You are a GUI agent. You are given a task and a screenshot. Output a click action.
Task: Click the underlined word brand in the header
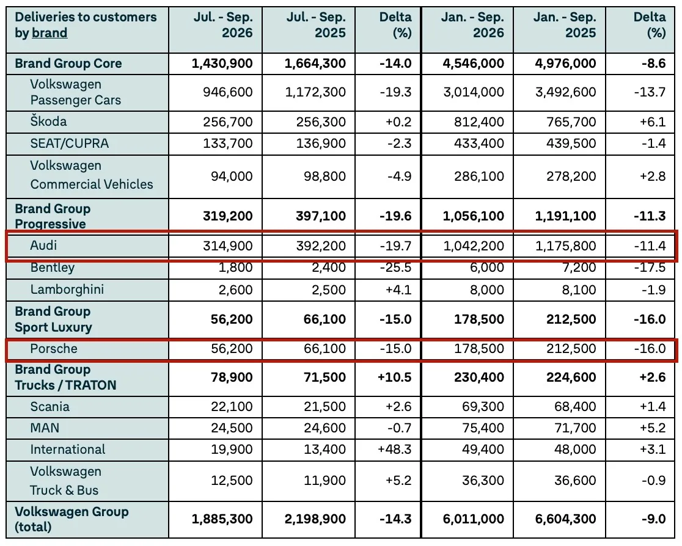tap(50, 33)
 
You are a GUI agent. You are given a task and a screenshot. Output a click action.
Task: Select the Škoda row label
tap(48, 122)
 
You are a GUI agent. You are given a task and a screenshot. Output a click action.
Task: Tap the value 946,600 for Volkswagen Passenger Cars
tap(227, 92)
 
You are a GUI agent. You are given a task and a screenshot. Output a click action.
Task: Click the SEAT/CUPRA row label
tap(69, 144)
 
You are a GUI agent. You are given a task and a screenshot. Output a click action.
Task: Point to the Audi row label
tap(43, 246)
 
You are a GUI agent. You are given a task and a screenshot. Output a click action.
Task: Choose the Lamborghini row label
tap(67, 289)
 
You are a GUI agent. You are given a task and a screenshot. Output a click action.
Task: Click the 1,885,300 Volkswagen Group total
tap(222, 519)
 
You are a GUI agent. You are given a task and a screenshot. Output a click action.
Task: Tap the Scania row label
tap(50, 407)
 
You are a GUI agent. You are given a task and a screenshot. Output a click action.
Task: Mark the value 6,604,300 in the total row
tap(565, 519)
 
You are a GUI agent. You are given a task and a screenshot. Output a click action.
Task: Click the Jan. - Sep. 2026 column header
tap(472, 25)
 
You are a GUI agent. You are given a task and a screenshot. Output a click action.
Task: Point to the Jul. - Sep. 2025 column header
tap(316, 25)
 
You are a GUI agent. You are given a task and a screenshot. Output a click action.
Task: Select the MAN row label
tap(45, 428)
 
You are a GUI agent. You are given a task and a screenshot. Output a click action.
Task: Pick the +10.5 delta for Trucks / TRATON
tap(395, 377)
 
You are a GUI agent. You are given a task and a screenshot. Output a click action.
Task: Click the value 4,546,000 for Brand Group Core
tap(473, 64)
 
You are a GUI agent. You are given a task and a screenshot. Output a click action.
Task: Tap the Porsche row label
tap(54, 349)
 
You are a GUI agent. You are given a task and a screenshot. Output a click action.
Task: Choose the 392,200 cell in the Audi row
tap(321, 246)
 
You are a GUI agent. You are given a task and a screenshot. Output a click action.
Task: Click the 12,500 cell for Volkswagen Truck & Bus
tap(232, 481)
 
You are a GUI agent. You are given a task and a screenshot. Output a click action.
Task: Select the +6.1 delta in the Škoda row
tap(653, 122)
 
